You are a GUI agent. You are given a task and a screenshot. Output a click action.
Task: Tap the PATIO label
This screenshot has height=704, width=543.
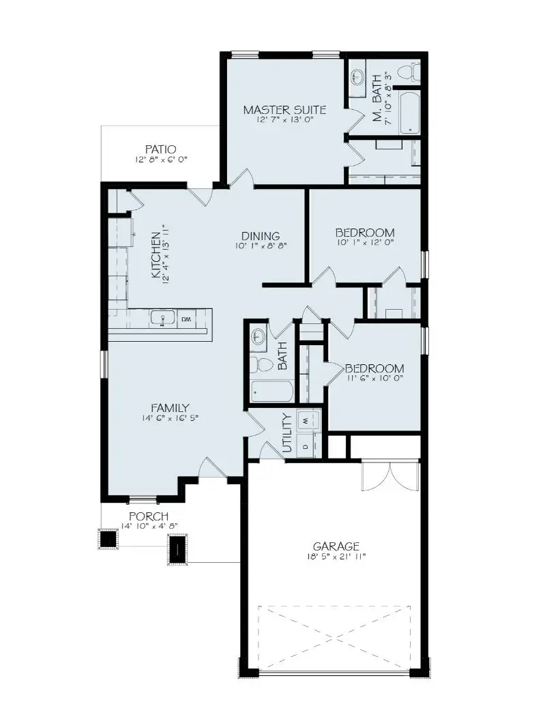[161, 149]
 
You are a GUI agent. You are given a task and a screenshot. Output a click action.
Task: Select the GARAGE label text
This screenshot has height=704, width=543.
[336, 546]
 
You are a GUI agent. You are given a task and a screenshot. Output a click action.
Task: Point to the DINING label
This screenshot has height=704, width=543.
[260, 237]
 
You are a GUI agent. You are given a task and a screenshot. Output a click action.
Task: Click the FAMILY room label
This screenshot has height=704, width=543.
[170, 408]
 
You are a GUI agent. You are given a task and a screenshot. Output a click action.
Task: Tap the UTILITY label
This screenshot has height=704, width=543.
[287, 434]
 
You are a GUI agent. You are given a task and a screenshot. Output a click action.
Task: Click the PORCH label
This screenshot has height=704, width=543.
[149, 516]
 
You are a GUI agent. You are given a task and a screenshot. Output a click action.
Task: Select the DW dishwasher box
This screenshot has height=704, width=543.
[186, 318]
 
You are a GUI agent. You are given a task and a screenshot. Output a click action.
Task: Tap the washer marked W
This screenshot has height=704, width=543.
[306, 421]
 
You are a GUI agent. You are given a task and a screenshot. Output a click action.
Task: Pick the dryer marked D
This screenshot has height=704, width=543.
[306, 445]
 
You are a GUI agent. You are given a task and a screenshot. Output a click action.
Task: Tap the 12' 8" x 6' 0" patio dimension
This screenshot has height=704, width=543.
[161, 160]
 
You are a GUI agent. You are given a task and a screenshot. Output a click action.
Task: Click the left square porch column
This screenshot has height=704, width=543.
[108, 538]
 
